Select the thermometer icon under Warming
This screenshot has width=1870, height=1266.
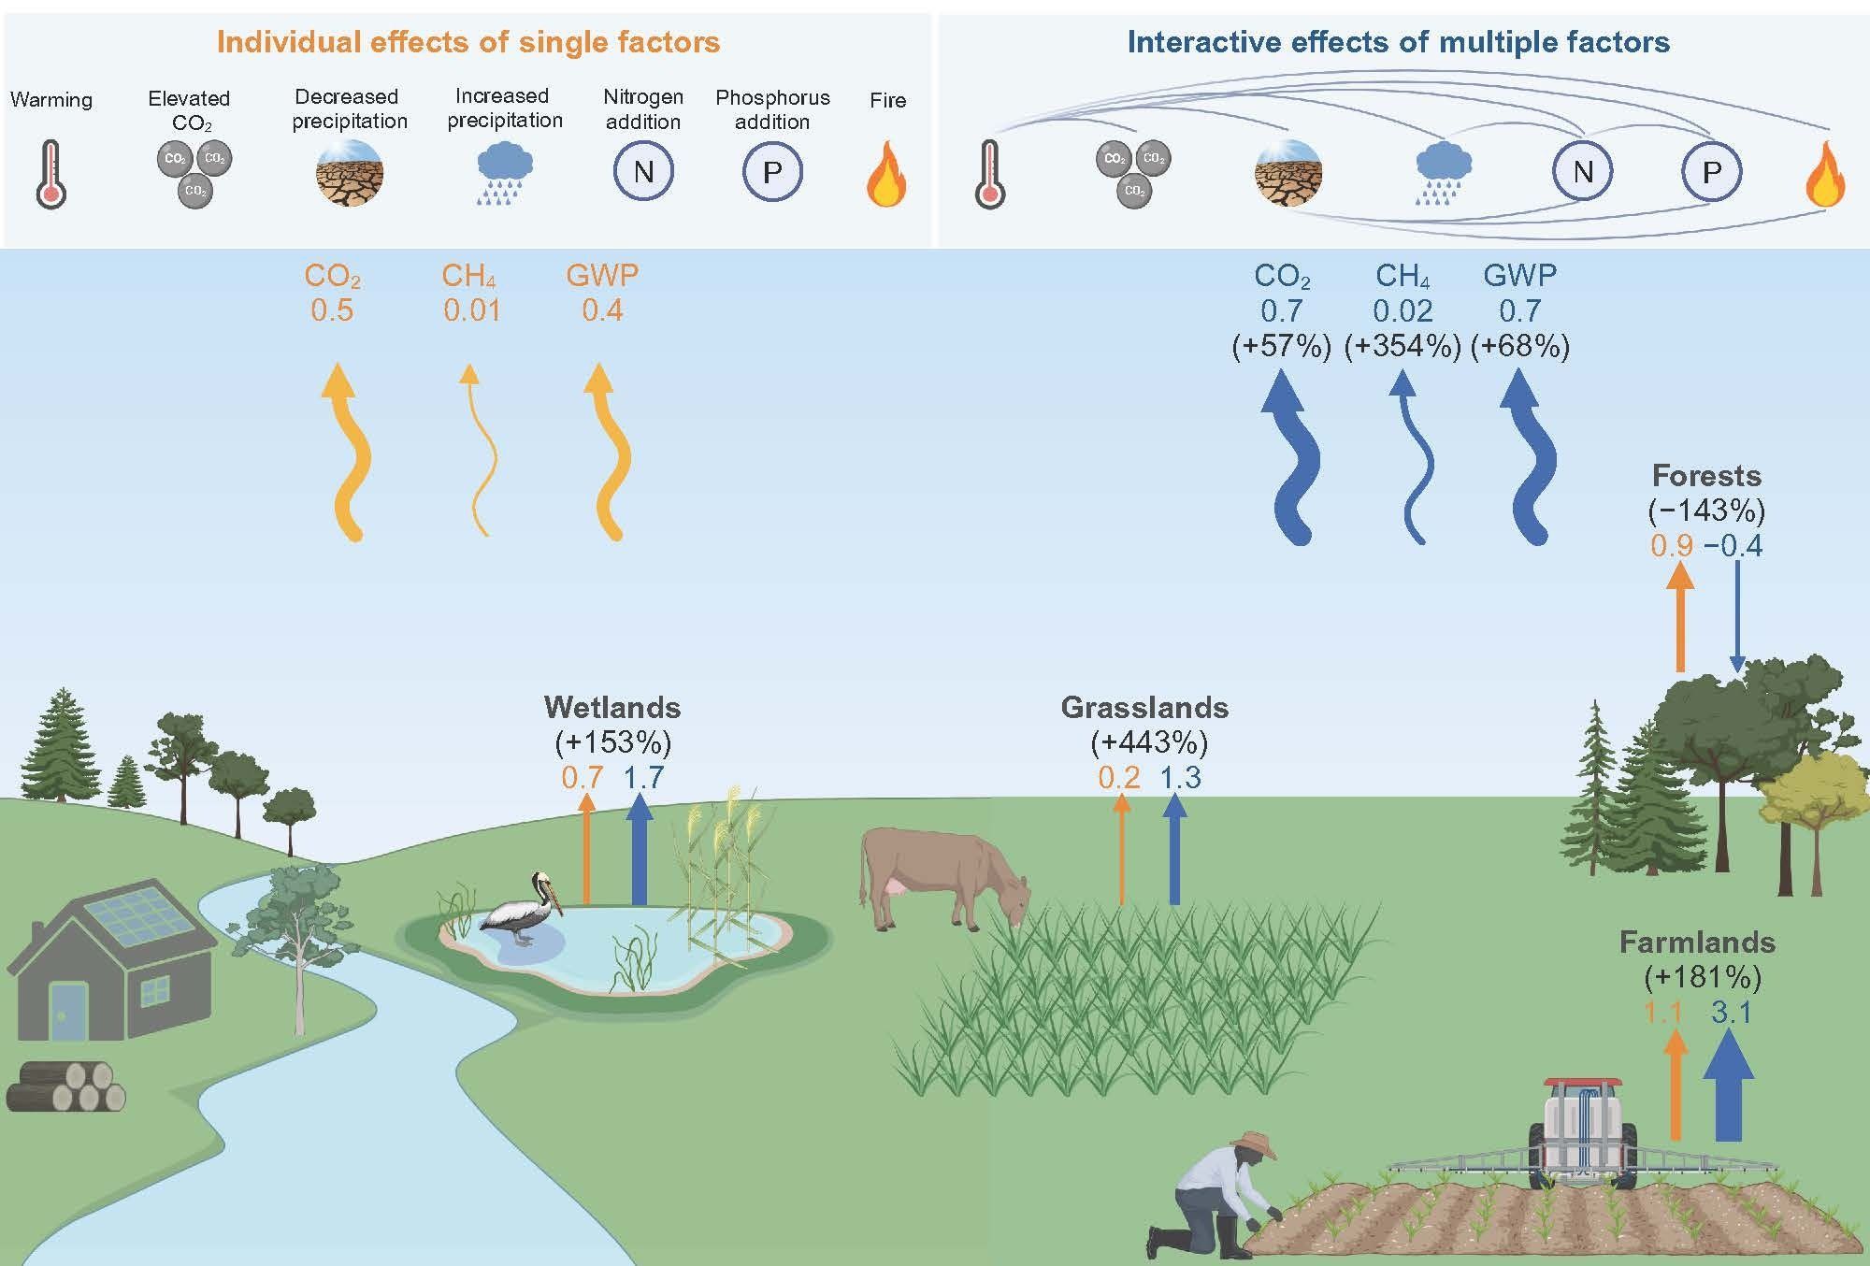(x=50, y=174)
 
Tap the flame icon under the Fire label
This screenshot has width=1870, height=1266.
(x=886, y=175)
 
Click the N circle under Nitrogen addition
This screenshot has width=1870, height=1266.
(x=643, y=172)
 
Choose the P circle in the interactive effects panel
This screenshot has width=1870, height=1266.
(x=1712, y=172)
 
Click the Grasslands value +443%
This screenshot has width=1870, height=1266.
(x=1149, y=742)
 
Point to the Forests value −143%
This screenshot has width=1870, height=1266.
(x=1705, y=511)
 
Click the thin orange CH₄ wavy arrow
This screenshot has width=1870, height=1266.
(x=480, y=449)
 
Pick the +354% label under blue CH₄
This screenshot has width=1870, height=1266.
(x=1402, y=347)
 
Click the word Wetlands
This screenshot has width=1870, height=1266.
(x=612, y=707)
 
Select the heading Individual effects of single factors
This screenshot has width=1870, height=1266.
(x=468, y=42)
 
